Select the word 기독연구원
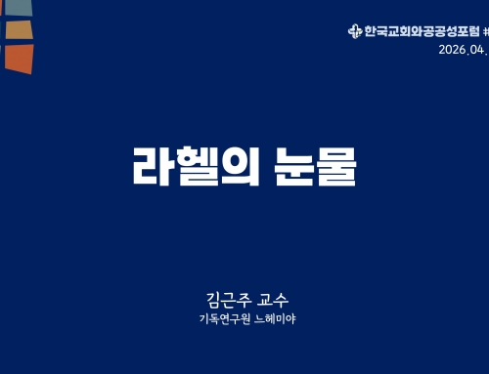tap(224, 318)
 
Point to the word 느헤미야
tap(276, 318)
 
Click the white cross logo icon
tap(354, 31)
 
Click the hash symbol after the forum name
tap(485, 31)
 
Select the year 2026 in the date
tap(451, 50)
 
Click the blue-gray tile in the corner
tap(18, 7)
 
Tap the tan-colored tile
tap(19, 29)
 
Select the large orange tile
tap(18, 58)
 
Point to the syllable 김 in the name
tap(205, 299)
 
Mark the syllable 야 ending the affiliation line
tap(289, 318)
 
